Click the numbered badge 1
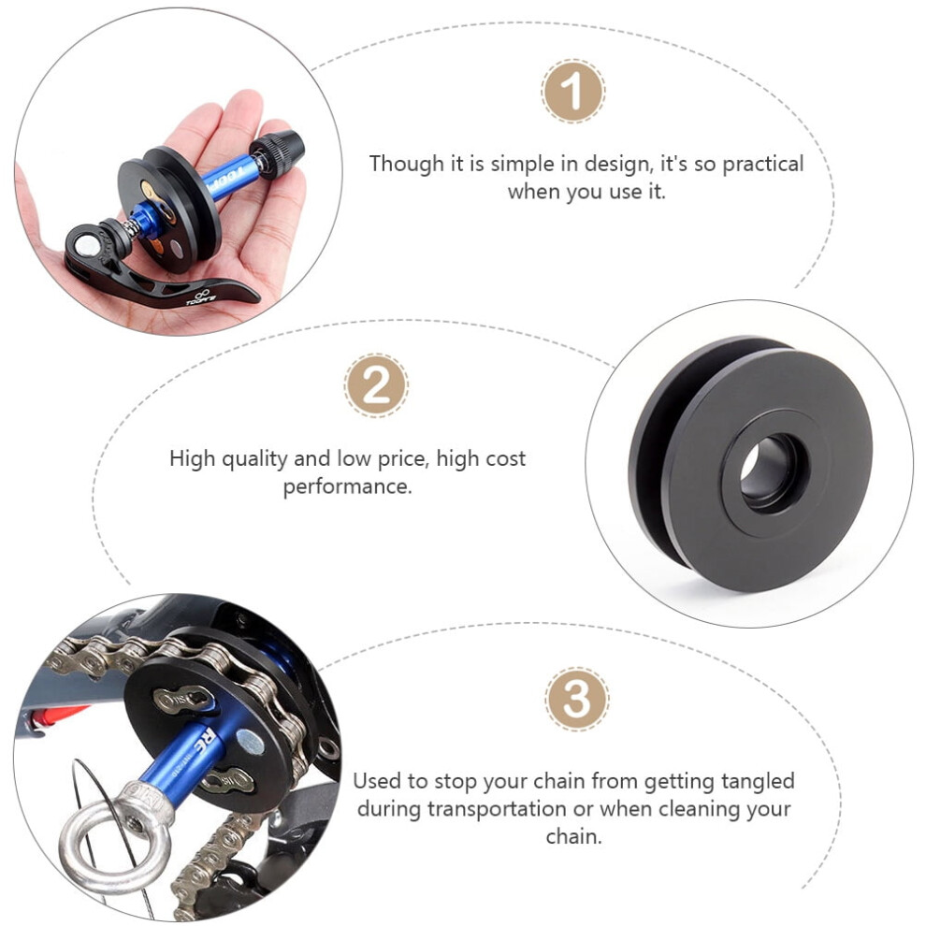[x=572, y=91]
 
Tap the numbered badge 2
[x=376, y=385]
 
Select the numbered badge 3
[x=576, y=699]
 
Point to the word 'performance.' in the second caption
[x=347, y=487]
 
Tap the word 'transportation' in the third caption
[x=497, y=808]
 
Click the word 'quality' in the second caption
[x=254, y=459]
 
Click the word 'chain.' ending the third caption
[x=573, y=835]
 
